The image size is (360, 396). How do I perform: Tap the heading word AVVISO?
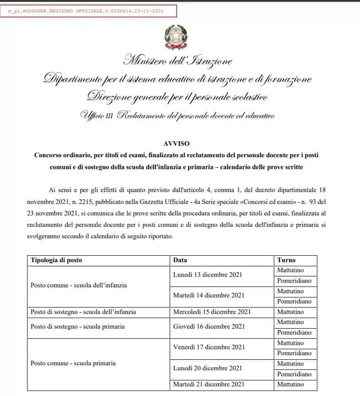(176, 143)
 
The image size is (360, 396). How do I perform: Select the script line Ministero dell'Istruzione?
(177, 60)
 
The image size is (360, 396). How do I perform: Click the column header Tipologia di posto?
(56, 260)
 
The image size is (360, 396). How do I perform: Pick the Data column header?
(180, 260)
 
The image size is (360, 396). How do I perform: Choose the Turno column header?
(287, 260)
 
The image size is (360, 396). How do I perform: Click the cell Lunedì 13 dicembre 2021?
(207, 275)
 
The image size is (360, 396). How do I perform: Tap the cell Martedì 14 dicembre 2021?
(208, 296)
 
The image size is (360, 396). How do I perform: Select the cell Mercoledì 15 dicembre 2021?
(212, 312)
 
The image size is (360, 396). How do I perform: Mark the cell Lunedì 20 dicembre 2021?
(207, 368)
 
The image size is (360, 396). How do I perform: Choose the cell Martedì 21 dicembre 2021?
(209, 384)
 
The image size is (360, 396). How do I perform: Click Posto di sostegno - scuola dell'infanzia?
(83, 312)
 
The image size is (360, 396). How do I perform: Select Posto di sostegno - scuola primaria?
(78, 327)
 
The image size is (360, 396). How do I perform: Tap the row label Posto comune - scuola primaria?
(73, 363)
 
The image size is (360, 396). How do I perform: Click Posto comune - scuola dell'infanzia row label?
(78, 285)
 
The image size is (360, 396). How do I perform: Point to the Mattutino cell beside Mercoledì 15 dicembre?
(290, 312)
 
